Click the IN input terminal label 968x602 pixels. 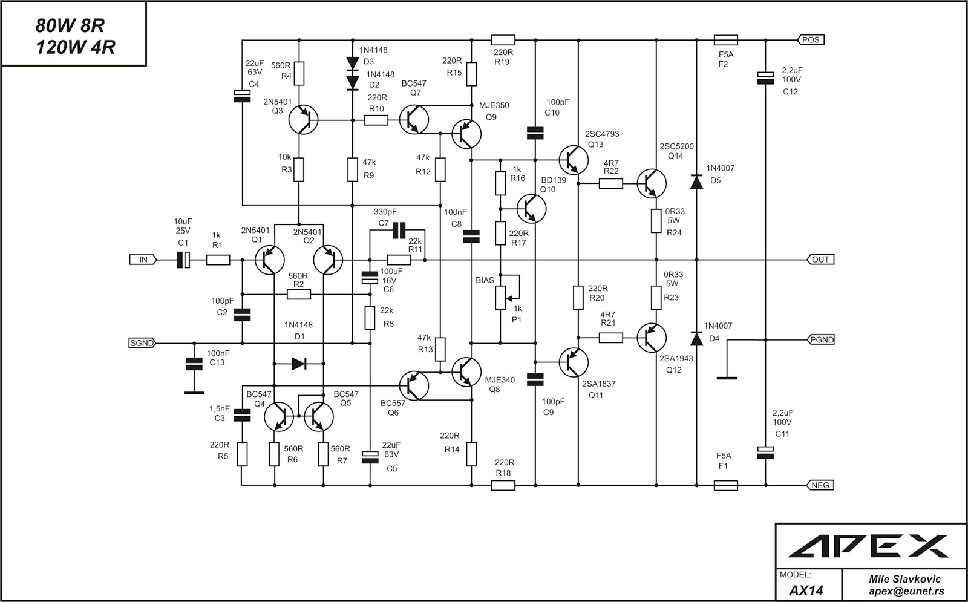(x=143, y=260)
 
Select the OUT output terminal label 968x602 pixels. (x=820, y=260)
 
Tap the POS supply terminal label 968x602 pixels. (x=811, y=40)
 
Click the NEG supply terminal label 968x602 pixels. (x=820, y=485)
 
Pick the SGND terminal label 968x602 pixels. (x=142, y=343)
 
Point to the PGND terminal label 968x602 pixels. (x=821, y=339)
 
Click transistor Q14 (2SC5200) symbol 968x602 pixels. (x=651, y=183)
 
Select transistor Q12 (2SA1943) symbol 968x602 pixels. (x=651, y=338)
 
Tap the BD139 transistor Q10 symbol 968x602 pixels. (x=531, y=208)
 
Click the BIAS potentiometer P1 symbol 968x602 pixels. (x=501, y=296)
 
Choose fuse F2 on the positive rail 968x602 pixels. (x=725, y=40)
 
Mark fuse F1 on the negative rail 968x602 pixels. (x=725, y=485)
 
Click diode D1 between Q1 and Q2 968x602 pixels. (x=299, y=364)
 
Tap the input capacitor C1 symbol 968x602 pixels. (x=183, y=260)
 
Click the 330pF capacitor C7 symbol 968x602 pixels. (x=398, y=230)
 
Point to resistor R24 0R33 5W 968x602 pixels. (x=656, y=221)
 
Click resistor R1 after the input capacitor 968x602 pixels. (x=218, y=260)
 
